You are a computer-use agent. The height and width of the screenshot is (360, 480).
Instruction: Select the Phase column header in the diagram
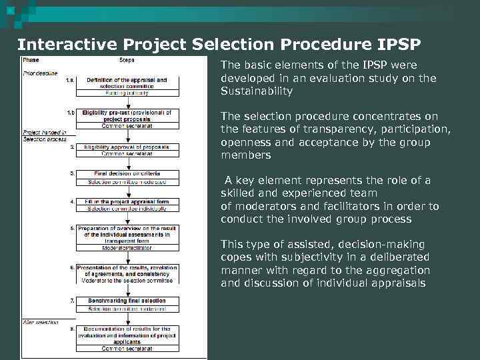tap(31, 60)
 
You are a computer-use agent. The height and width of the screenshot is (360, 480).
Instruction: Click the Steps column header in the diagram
tap(126, 60)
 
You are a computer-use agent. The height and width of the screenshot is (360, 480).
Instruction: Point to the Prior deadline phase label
tap(40, 73)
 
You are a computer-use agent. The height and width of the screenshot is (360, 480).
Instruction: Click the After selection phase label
tap(40, 322)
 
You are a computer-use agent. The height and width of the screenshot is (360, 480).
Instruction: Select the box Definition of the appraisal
tap(126, 83)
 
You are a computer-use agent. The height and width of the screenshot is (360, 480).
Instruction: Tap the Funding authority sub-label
tap(126, 93)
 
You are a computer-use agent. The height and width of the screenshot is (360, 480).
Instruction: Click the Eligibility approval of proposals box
tap(126, 147)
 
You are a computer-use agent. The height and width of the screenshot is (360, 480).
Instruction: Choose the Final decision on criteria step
tap(126, 173)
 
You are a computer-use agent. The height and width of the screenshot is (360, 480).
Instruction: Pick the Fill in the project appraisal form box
tap(126, 201)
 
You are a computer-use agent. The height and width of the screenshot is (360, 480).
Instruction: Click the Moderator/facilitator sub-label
tap(126, 247)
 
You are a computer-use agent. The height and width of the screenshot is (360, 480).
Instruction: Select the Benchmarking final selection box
tap(126, 301)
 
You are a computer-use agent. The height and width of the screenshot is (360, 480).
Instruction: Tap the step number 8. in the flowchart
tap(71, 328)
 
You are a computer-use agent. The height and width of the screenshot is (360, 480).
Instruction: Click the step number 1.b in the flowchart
tap(71, 113)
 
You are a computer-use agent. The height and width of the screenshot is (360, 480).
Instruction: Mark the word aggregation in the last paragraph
tap(399, 270)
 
